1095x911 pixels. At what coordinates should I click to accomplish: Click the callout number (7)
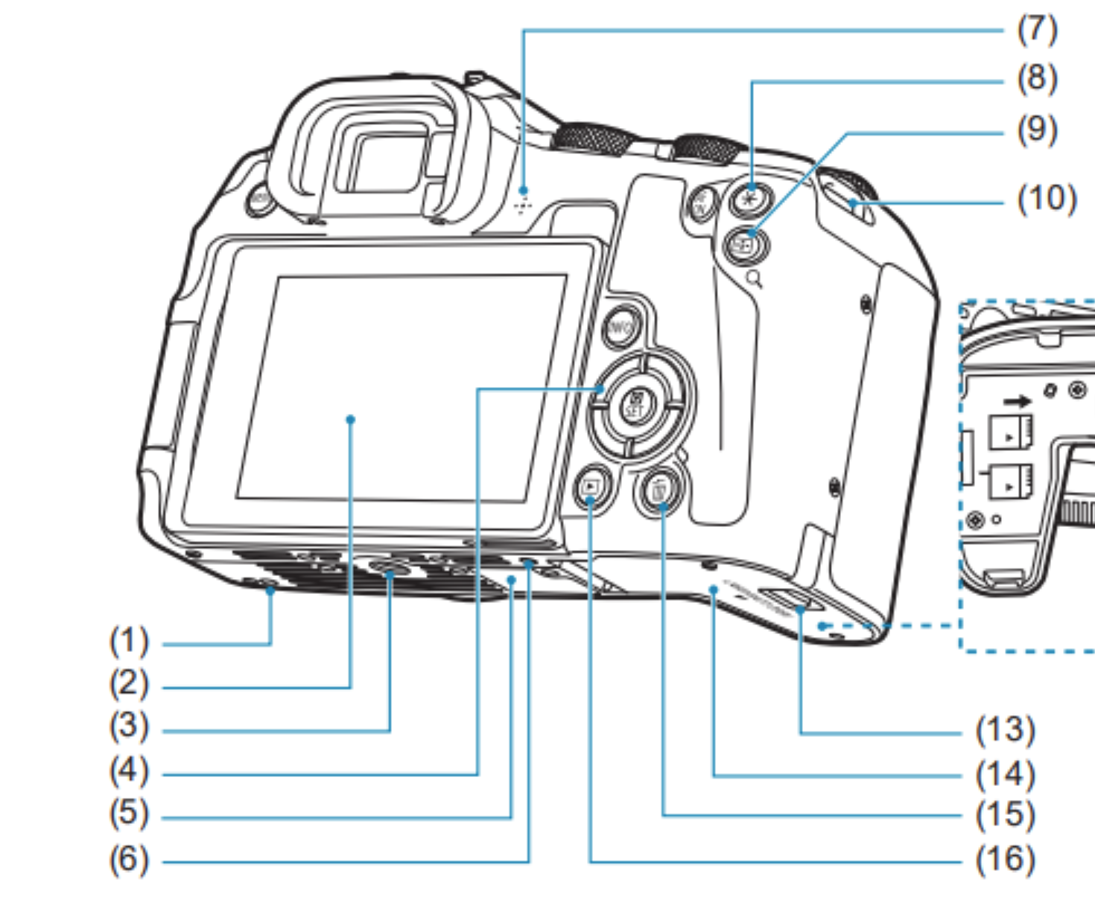point(1037,30)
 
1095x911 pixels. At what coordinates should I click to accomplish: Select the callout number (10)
point(1047,199)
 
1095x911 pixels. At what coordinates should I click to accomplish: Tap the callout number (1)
point(129,641)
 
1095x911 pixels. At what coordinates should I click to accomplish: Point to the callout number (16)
point(1006,859)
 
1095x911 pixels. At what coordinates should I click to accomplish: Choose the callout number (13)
point(1006,730)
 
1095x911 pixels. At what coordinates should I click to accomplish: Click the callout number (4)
point(129,771)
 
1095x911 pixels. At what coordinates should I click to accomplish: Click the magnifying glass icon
point(755,280)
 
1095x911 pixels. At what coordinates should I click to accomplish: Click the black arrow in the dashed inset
point(1016,402)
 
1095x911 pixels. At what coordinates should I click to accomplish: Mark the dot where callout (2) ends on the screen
point(351,419)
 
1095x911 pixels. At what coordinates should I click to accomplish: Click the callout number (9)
point(1037,130)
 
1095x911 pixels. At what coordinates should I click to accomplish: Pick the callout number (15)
point(1006,815)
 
